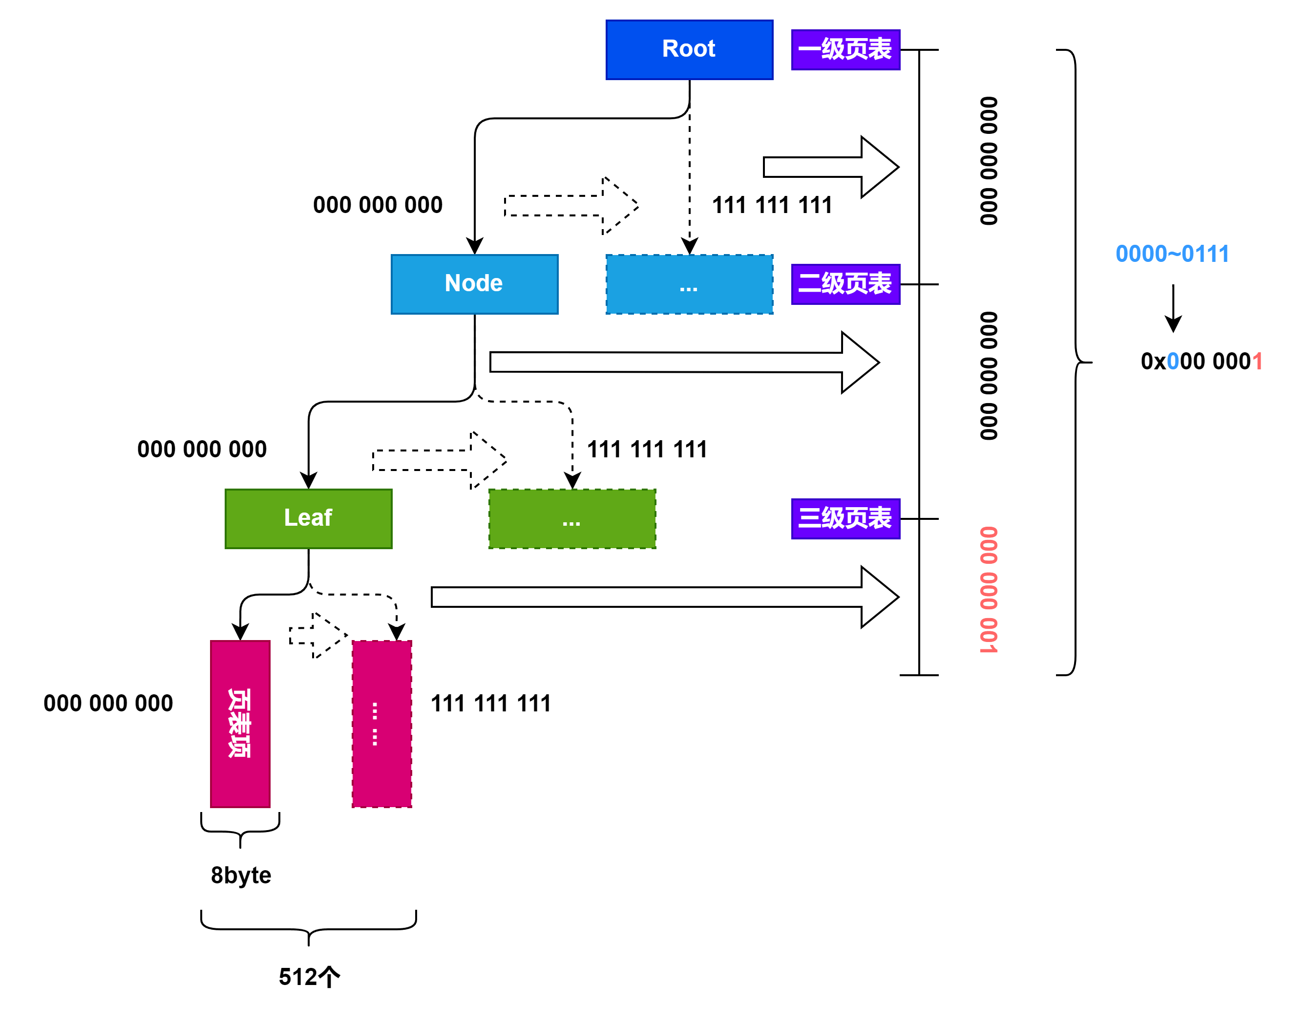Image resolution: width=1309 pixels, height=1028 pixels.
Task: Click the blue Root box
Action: click(x=689, y=49)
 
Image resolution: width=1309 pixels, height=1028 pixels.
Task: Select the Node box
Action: click(x=475, y=284)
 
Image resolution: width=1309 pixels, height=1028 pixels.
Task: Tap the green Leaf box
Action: click(x=309, y=519)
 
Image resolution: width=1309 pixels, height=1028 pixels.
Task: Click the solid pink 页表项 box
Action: click(x=240, y=724)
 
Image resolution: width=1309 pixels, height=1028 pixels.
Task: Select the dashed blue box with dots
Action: click(x=689, y=284)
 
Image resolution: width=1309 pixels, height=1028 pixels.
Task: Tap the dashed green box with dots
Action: click(x=572, y=519)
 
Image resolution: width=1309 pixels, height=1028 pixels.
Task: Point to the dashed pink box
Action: click(x=382, y=724)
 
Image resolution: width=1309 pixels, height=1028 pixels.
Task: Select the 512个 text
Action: click(x=309, y=976)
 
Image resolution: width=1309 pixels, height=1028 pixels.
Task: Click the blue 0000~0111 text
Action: click(x=1172, y=254)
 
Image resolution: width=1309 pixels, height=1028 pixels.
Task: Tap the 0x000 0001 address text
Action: click(x=1202, y=361)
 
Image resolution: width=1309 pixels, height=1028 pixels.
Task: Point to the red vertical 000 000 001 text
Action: click(x=989, y=590)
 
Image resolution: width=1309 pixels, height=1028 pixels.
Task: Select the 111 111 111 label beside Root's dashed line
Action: click(x=772, y=205)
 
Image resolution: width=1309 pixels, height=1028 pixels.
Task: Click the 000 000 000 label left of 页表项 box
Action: click(x=108, y=703)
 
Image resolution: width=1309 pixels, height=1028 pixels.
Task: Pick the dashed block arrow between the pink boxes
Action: click(x=318, y=636)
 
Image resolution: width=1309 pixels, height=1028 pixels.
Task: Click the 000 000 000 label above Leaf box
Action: click(x=202, y=449)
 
